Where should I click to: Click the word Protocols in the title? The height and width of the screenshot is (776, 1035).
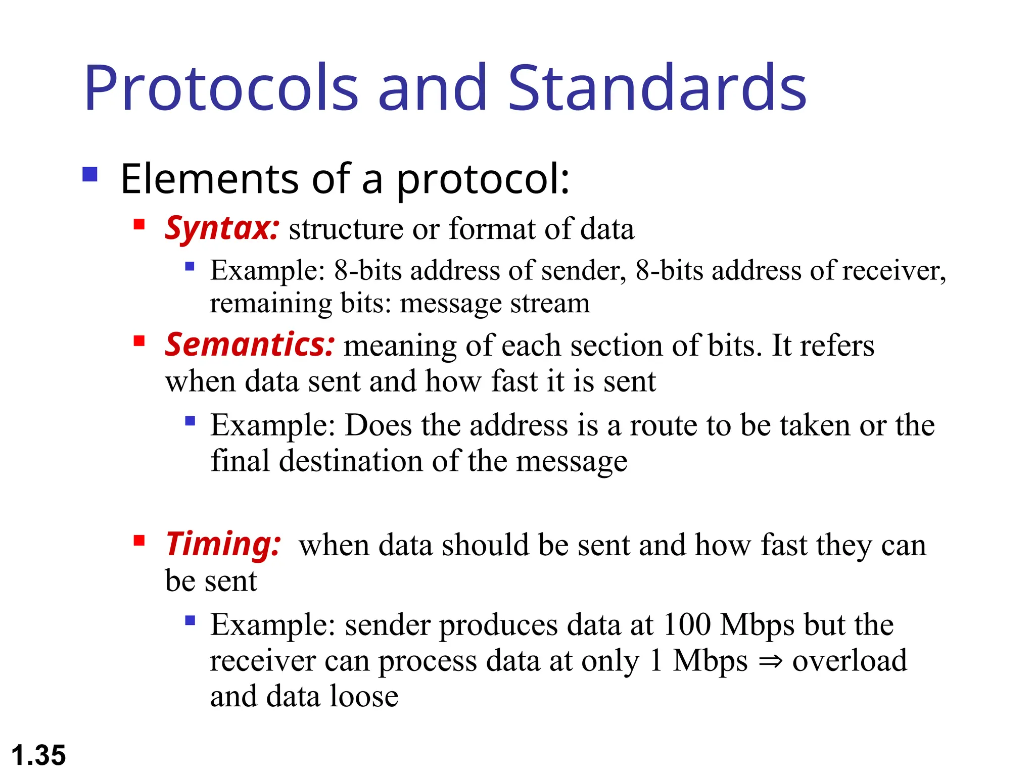pyautogui.click(x=221, y=88)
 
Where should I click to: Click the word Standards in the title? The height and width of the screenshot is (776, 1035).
pyautogui.click(x=656, y=88)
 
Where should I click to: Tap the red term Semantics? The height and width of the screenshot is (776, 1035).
pyautogui.click(x=249, y=346)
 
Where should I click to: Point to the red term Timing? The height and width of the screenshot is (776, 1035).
pyautogui.click(x=223, y=545)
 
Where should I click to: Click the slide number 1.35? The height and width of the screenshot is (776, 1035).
pyautogui.click(x=38, y=756)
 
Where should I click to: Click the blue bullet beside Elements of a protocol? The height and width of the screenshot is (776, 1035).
pyautogui.click(x=90, y=174)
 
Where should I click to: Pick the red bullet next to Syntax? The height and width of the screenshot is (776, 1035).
pyautogui.click(x=139, y=224)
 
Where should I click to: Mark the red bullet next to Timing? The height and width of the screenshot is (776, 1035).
pyautogui.click(x=139, y=541)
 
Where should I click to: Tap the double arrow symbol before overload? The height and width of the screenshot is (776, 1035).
pyautogui.click(x=770, y=661)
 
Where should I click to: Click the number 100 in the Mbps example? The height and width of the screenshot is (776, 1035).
pyautogui.click(x=687, y=625)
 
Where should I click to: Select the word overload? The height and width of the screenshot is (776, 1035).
pyautogui.click(x=850, y=660)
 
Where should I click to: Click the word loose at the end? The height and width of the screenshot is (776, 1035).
pyautogui.click(x=364, y=696)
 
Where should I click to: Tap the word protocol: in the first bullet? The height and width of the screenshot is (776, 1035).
pyautogui.click(x=483, y=180)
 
